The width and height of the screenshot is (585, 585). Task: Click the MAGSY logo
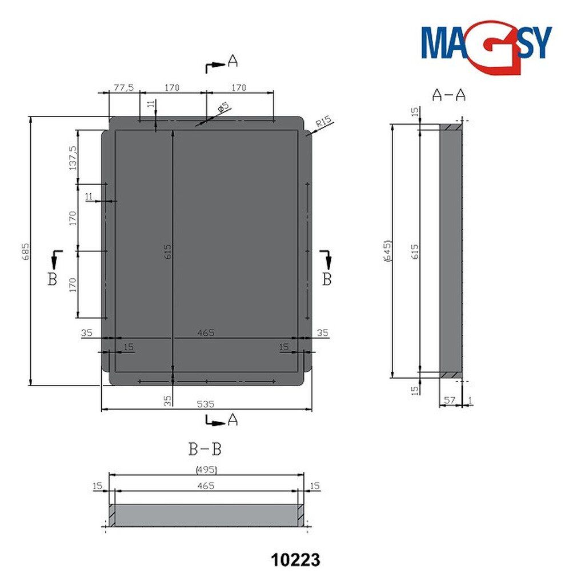486,47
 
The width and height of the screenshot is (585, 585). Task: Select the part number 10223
295,560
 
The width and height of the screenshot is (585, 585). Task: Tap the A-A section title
449,95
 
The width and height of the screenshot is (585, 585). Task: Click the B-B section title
205,449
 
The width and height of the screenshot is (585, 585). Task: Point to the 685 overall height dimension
25,251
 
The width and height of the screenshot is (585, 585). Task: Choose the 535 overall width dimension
206,404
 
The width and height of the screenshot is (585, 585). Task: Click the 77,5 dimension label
123,87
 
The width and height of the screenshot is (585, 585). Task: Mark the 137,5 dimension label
73,158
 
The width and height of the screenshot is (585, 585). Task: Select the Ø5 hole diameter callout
223,107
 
